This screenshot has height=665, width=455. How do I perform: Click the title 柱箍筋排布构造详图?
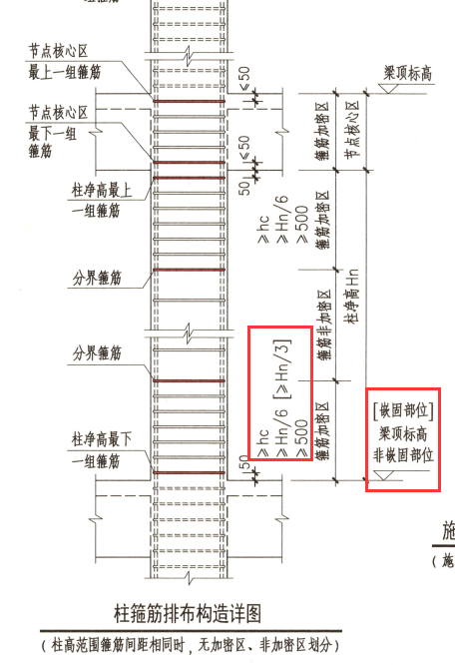188,613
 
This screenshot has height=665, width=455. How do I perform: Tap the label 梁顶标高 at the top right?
407,73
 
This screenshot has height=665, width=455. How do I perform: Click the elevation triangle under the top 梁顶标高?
388,88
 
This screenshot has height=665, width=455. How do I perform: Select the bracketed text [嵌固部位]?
403,410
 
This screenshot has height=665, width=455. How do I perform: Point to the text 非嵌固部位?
403,455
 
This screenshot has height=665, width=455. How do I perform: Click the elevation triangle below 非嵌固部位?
384,475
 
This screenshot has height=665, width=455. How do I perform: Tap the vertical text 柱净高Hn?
352,296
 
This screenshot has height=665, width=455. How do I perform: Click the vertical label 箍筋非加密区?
324,325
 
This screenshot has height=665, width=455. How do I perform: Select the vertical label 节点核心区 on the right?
352,130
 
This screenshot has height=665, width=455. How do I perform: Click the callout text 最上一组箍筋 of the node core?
65,72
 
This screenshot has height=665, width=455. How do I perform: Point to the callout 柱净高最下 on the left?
102,439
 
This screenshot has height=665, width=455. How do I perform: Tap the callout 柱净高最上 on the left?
102,190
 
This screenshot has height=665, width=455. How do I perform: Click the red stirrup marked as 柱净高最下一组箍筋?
189,472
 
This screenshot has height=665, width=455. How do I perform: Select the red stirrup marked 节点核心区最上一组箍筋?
189,101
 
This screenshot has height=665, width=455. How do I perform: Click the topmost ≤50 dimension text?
244,78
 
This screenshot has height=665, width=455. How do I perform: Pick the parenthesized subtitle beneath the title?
191,645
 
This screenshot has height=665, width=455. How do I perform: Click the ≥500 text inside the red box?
301,437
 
